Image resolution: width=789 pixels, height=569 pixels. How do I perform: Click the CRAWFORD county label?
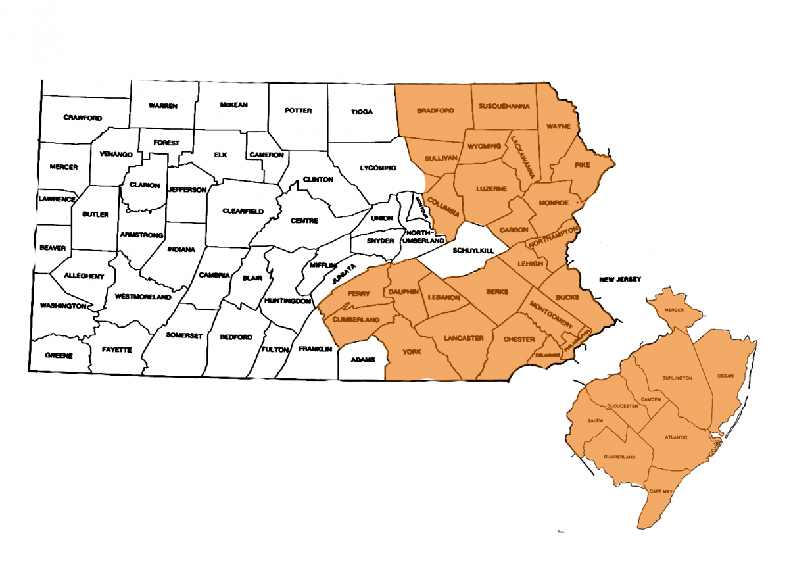[x=83, y=118]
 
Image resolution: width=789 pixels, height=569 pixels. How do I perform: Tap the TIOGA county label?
[x=362, y=112]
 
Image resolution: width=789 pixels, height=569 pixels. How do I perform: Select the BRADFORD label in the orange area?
[x=435, y=111]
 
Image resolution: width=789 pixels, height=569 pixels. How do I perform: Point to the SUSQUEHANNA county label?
[x=504, y=105]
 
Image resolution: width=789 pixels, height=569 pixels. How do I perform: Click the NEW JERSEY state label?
[x=619, y=280]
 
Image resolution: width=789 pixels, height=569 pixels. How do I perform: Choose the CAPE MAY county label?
[x=661, y=491]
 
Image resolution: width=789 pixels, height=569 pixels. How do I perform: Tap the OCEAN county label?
[x=725, y=376]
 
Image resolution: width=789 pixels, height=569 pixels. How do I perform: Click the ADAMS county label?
[x=362, y=360]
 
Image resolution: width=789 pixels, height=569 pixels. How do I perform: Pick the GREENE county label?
[x=59, y=355]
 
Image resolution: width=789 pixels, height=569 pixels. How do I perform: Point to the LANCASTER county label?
[x=464, y=338]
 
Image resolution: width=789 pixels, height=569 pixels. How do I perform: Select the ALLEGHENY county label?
[x=84, y=276]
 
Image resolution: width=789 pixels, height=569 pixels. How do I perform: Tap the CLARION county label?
[x=145, y=186]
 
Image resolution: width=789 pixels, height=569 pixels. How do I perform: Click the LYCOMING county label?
[x=378, y=168]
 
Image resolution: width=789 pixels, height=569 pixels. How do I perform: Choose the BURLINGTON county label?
[x=678, y=378]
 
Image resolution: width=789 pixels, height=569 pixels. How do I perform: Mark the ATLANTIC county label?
[x=676, y=437]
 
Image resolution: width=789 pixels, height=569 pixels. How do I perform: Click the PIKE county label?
[x=582, y=165]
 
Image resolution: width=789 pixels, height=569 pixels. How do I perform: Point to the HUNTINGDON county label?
[x=287, y=301]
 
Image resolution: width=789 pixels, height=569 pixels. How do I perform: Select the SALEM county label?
[x=594, y=420]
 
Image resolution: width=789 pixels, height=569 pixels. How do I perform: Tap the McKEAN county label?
[x=234, y=105]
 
